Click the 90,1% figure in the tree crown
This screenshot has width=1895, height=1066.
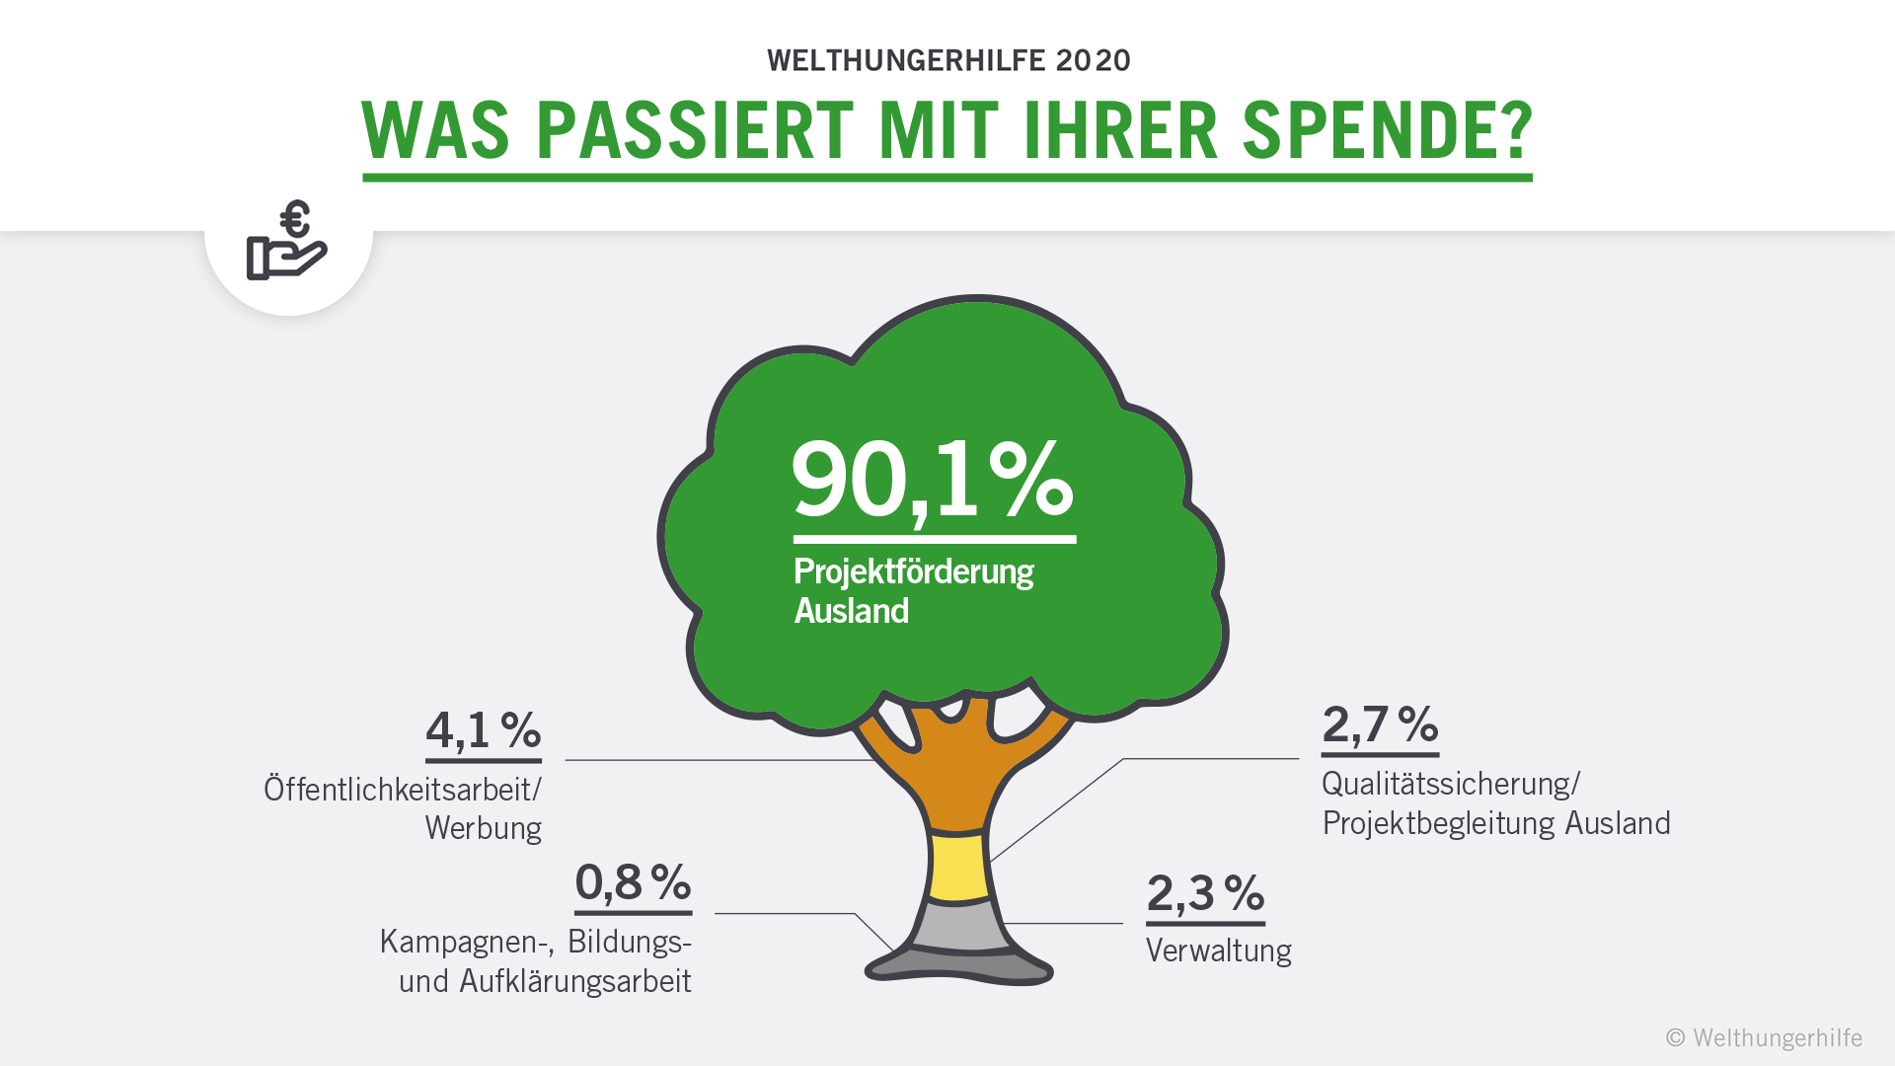click(x=933, y=480)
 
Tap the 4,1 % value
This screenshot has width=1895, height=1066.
click(x=483, y=731)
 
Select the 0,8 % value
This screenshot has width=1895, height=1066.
click(x=633, y=882)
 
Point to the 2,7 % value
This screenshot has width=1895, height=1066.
click(x=1380, y=724)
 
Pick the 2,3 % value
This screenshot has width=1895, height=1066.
click(x=1205, y=893)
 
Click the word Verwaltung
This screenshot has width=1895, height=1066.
click(x=1218, y=951)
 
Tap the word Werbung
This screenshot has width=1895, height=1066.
click(x=483, y=828)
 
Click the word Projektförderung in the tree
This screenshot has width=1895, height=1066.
click(x=913, y=571)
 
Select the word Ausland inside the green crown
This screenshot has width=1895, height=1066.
click(x=851, y=611)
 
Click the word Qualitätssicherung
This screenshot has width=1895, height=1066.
click(x=1448, y=784)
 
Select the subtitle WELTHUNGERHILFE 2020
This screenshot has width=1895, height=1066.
click(x=948, y=60)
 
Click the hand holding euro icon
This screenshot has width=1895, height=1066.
click(x=287, y=242)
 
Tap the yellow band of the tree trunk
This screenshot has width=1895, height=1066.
click(x=958, y=866)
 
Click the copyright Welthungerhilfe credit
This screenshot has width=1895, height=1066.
click(x=1764, y=1037)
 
